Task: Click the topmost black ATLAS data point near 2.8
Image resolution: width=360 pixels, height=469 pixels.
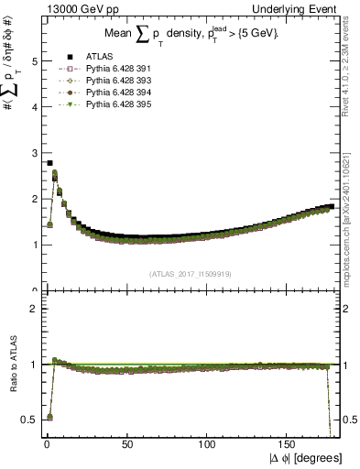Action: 49,163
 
